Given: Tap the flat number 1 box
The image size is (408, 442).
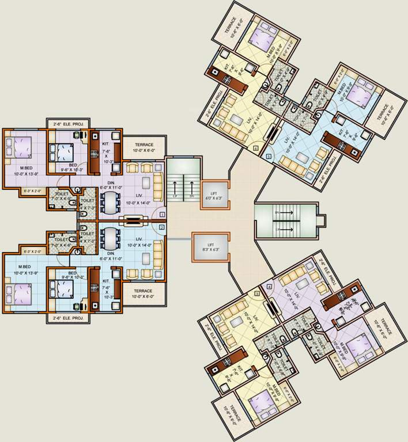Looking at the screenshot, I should coord(162,215).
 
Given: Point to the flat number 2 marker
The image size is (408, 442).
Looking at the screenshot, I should coord(162,228).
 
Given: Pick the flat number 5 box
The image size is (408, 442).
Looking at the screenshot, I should coord(268,156).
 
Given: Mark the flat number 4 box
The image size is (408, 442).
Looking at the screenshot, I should coord(269,286).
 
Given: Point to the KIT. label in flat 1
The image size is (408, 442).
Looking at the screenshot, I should coord(105,143).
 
